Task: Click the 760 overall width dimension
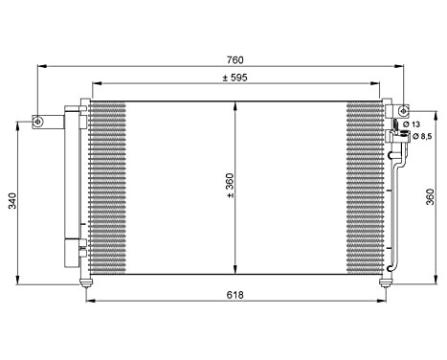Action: coord(233,59)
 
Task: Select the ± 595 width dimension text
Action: coord(237,78)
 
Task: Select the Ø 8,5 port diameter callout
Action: coord(415,137)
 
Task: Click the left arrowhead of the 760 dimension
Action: coord(40,66)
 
